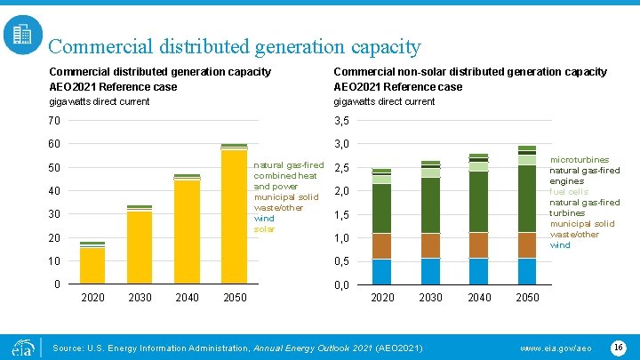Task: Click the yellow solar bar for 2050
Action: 235,217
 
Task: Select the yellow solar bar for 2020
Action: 92,265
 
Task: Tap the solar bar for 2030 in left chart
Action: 140,247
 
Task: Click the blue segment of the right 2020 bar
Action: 382,271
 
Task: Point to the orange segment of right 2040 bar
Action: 479,245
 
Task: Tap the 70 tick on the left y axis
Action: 54,121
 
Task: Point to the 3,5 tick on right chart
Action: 340,121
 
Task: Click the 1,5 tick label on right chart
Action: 340,214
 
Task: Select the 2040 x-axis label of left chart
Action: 187,298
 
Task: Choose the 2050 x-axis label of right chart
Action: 527,298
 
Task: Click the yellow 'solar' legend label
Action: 264,229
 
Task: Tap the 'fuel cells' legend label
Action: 569,192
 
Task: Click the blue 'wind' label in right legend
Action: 560,245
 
